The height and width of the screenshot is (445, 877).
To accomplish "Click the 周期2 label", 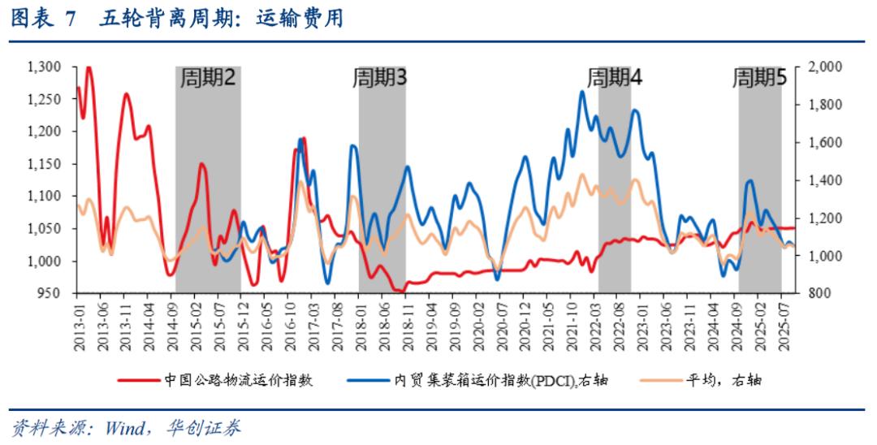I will coord(208,78).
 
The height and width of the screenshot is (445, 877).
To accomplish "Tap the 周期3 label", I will coord(379,78).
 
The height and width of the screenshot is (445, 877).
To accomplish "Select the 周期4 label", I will coord(615,78).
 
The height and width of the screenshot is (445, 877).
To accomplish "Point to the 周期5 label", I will coord(759,78).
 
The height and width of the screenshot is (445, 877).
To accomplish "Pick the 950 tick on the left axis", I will coord(53,293).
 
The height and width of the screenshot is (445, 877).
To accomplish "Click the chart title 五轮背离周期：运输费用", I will coord(221,19).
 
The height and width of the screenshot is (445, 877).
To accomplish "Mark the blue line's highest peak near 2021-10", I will coord(582,92).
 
